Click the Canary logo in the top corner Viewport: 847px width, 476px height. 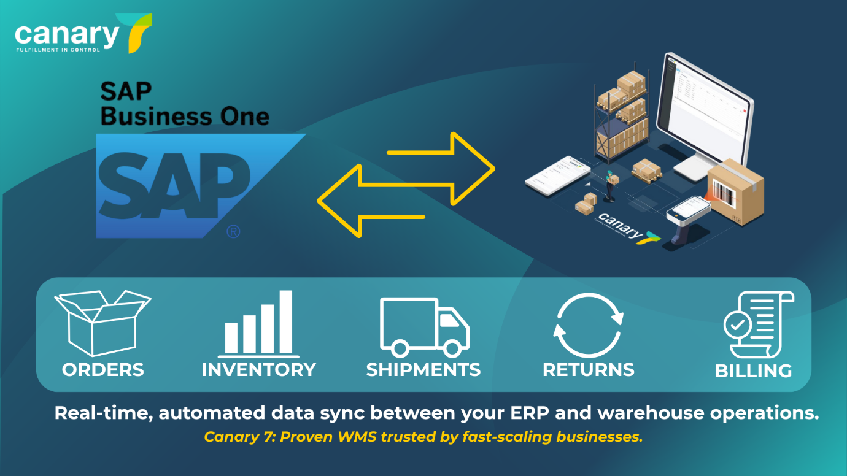point(83,34)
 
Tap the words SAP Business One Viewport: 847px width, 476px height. point(184,104)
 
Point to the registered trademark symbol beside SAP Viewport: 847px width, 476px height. point(233,232)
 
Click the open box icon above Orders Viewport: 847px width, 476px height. point(102,322)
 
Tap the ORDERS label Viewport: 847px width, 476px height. point(102,370)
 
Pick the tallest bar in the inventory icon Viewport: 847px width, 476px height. point(286,322)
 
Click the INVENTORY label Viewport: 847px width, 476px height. point(258,370)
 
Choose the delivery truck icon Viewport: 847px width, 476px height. point(424,326)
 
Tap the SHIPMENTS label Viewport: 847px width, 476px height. point(423,370)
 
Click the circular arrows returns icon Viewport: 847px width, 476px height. point(588,325)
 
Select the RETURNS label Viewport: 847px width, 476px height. point(588,370)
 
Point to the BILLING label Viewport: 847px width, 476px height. point(753,371)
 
